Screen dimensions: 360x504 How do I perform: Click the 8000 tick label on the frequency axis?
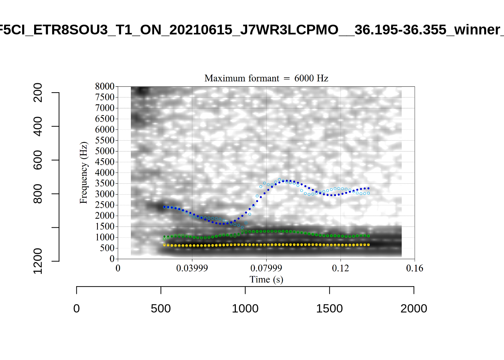105,86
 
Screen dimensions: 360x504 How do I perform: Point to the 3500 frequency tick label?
105,183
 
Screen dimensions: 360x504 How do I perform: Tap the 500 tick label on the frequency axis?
107,248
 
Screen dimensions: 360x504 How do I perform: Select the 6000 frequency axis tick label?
105,129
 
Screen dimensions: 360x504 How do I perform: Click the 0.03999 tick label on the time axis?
192,268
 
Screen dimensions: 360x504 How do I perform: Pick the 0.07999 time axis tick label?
266,268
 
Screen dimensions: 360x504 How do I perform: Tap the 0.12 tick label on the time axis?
340,268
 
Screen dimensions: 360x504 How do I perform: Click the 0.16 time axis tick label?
414,268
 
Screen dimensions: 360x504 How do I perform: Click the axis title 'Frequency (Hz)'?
83,172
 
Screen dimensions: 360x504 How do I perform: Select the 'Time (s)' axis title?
266,279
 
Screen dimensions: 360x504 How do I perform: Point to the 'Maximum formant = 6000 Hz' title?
266,78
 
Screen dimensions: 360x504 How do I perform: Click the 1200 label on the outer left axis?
38,261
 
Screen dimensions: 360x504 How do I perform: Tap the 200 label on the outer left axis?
38,93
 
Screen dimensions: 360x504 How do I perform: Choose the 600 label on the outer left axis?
38,160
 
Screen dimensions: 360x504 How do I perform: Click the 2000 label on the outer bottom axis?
414,309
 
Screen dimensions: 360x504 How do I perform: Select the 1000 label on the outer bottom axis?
245,309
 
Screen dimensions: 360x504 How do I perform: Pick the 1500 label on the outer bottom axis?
329,309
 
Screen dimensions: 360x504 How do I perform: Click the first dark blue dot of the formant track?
164,207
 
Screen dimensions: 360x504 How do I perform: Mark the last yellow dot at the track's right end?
369,244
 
